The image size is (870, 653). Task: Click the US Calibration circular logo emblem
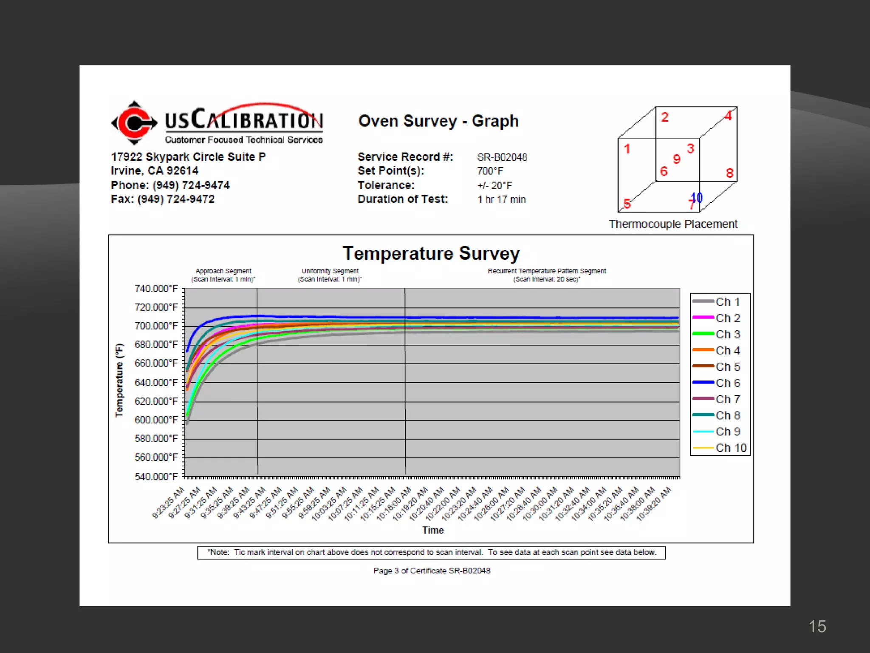[x=134, y=123]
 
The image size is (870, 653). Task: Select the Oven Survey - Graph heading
[x=438, y=121]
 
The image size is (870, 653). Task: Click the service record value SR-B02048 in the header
[x=502, y=157]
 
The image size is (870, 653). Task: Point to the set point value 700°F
[x=490, y=171]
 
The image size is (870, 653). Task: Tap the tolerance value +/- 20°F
[x=494, y=186]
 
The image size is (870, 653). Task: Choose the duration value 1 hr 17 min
[x=501, y=199]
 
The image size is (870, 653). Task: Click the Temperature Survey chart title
[x=431, y=253]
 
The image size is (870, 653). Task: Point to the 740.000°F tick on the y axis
[x=156, y=289]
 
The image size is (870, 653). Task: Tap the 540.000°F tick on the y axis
[x=156, y=477]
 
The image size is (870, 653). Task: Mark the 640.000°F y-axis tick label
[x=156, y=383]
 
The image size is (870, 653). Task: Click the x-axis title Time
[x=432, y=530]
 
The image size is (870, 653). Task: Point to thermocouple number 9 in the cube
[x=677, y=159]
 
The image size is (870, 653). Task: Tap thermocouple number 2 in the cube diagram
[x=665, y=117]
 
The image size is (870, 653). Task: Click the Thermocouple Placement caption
[x=673, y=224]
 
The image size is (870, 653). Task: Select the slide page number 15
[x=817, y=626]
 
